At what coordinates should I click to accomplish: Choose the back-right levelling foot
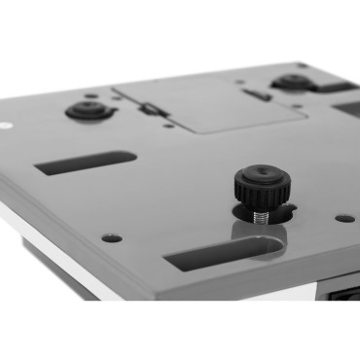click(293, 82)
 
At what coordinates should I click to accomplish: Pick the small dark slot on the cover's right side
click(257, 95)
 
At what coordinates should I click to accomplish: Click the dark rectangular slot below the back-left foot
click(86, 162)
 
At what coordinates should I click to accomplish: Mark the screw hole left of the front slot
click(112, 237)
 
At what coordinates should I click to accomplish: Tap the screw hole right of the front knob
click(344, 218)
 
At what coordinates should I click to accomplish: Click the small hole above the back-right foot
click(303, 66)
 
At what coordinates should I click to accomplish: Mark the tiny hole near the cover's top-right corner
click(240, 82)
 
